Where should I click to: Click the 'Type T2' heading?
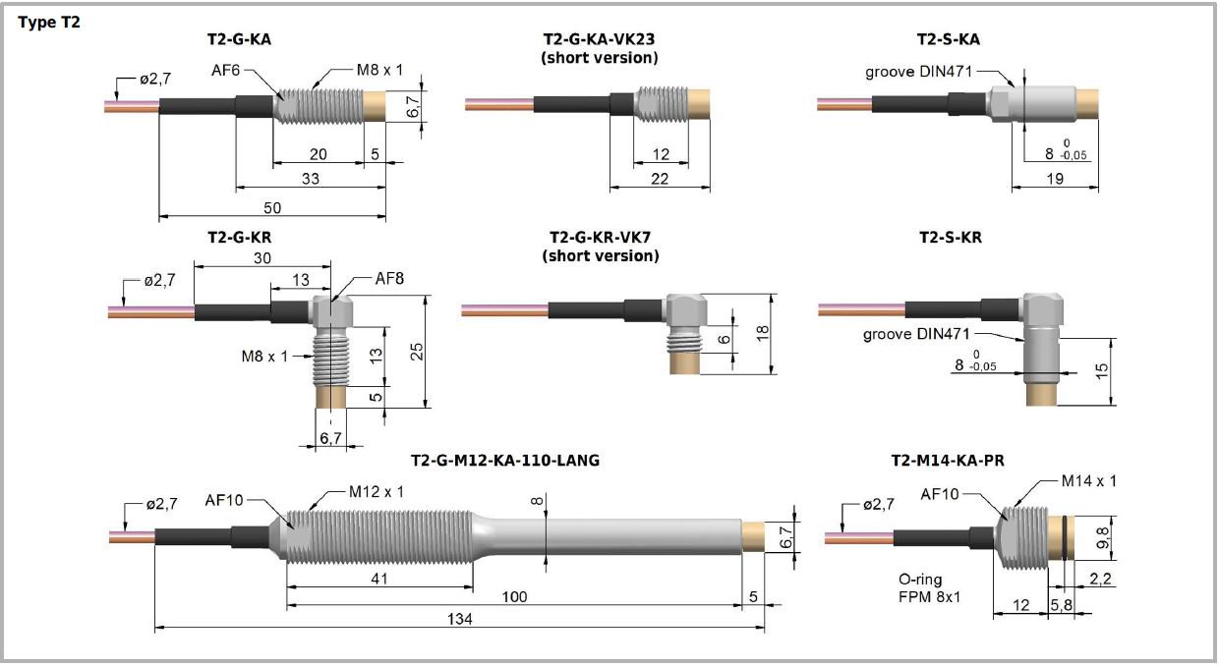coord(49,22)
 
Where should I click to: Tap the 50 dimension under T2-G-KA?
coord(272,207)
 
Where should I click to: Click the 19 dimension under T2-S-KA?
coord(1056,178)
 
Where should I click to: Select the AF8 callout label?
coord(389,278)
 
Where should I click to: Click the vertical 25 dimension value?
coord(417,352)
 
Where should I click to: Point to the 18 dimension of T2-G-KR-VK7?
coord(762,334)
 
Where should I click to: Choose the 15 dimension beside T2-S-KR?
coord(1101,370)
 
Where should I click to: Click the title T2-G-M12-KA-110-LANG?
coord(505,460)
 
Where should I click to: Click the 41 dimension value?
coord(378,579)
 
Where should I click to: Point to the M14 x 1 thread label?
coord(1088,480)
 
